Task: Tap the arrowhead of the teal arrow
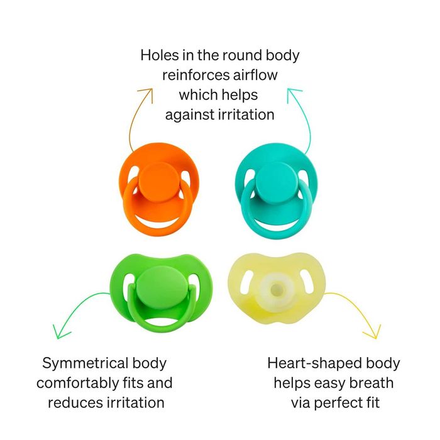click(292, 92)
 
